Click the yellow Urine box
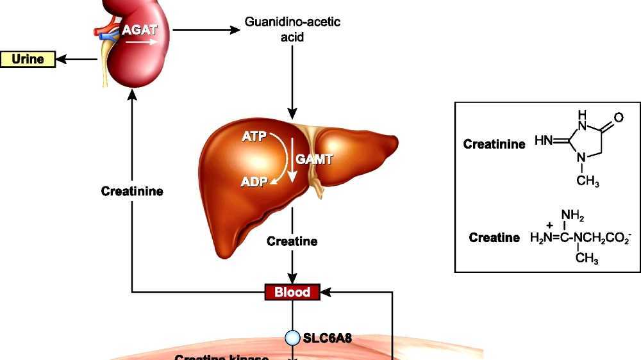28,60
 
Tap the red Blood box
292,293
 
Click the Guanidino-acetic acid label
292,29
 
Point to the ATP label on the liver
253,136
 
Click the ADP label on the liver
254,182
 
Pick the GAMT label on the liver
314,159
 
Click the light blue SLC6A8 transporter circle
292,337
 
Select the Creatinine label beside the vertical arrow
132,191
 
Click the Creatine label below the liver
292,241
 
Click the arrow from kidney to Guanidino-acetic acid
205,29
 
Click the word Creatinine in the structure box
494,143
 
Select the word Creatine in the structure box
494,238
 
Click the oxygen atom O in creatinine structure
618,119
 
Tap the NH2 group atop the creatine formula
572,215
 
